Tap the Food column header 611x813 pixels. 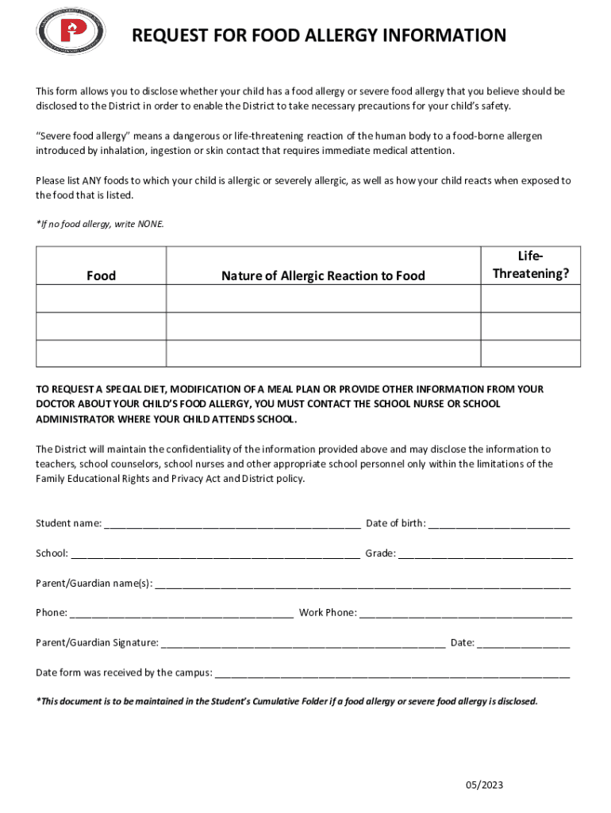coord(101,275)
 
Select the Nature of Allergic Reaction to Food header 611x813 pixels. coord(323,275)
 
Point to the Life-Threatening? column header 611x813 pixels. coord(531,265)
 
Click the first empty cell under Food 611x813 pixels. coord(101,299)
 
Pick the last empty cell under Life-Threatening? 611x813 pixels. coord(531,353)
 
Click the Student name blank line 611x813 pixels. coord(232,525)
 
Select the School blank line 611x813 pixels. coord(215,554)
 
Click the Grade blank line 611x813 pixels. coord(485,554)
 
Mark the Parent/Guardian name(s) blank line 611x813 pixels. coord(362,585)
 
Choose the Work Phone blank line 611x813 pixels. coord(466,614)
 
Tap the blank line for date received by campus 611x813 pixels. coord(392,674)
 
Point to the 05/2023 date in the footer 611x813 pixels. coord(484,786)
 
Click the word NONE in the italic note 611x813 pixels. coord(151,224)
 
